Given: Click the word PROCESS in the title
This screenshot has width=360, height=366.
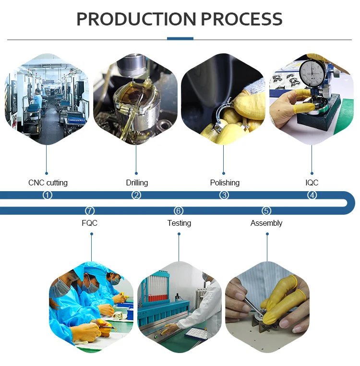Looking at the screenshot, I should coord(241,19).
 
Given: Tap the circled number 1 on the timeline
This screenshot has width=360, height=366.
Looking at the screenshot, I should coord(47,195).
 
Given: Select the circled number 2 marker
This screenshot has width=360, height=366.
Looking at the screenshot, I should coord(136,195).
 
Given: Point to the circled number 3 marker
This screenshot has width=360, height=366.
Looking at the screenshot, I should coord(224,195).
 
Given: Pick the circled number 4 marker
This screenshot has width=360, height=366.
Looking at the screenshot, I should coord(312,195).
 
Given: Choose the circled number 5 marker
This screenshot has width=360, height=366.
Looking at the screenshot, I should coord(266,211).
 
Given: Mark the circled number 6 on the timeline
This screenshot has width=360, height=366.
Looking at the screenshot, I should coord(179,211).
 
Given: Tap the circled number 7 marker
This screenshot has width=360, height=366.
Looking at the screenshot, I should coord(90,211).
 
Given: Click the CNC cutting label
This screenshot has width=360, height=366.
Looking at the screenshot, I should coord(48,183).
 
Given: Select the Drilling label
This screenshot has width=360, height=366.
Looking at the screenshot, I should coord(137,183).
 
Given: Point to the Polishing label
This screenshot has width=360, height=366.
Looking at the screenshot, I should coord(225,183).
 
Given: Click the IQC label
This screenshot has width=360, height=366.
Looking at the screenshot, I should coord(312,183).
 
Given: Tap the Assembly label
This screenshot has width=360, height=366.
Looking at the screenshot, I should coord(266,223).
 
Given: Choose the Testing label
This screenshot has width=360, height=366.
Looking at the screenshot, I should coord(179,223).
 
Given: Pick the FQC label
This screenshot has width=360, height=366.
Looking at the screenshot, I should coord(90,223).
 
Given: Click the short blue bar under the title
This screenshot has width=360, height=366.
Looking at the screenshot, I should coord(180,38).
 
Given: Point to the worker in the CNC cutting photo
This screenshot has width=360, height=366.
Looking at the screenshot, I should coord(37,98).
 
